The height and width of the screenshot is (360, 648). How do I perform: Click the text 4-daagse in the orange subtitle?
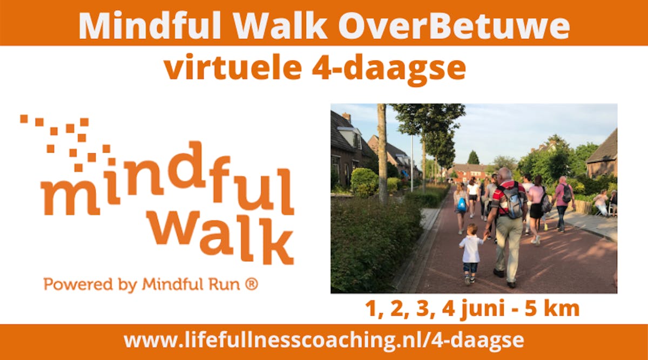pos(389,70)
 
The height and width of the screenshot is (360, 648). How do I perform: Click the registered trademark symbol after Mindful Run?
pos(252,284)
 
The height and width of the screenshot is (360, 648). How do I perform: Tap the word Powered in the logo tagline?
pos(78,284)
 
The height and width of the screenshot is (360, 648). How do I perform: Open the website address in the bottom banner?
pos(324,341)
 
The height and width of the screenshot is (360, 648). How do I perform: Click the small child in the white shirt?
pos(470,254)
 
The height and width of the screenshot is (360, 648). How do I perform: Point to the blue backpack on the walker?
pos(461,204)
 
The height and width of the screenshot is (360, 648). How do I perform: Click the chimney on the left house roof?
pos(347,117)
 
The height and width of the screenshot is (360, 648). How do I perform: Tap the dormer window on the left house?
pos(350,137)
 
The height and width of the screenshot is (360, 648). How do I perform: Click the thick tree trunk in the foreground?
pos(382,153)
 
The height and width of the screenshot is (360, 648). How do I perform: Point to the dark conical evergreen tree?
pos(473,158)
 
